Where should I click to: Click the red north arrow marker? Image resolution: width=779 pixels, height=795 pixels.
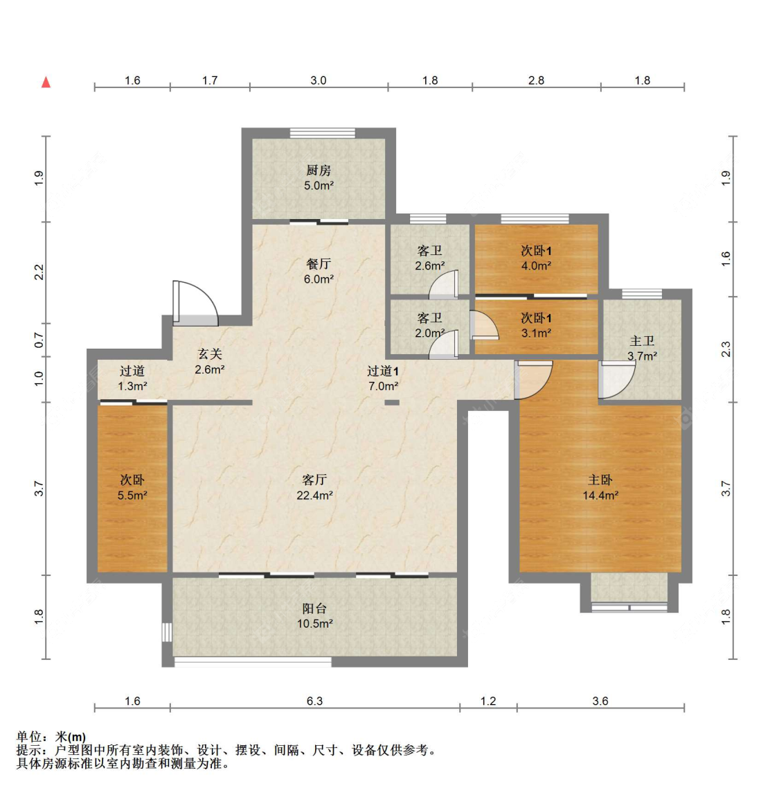point(46,82)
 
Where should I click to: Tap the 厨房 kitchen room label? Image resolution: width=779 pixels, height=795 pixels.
point(319,170)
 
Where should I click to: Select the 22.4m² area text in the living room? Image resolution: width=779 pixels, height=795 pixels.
point(314,496)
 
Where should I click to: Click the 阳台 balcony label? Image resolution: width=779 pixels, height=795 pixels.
point(314,608)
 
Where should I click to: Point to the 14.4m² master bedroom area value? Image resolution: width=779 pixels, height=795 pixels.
point(600,496)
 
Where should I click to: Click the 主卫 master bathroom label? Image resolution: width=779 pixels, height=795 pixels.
point(642,341)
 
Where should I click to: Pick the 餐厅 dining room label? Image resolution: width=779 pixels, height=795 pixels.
point(319,264)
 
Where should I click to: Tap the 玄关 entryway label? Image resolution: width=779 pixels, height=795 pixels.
point(209,354)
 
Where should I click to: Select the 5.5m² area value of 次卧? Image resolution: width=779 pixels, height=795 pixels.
point(132,496)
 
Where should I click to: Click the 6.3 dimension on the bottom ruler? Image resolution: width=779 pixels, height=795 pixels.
point(314,701)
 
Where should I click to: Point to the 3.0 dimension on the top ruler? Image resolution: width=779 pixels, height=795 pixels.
point(318,80)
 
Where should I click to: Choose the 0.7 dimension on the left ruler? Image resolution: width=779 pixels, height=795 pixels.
point(39,340)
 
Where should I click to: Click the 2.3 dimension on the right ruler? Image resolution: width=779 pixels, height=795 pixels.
point(726,349)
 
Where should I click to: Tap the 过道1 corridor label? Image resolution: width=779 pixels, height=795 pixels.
point(382,371)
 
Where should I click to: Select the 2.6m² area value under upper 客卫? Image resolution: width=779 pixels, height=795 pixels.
point(429,265)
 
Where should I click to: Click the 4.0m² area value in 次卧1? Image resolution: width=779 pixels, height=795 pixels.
point(536,265)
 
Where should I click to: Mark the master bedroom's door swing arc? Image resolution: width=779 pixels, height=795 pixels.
point(534,381)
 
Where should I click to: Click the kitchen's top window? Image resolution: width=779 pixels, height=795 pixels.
point(322,133)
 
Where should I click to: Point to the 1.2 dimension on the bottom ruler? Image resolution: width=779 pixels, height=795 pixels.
point(488,701)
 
